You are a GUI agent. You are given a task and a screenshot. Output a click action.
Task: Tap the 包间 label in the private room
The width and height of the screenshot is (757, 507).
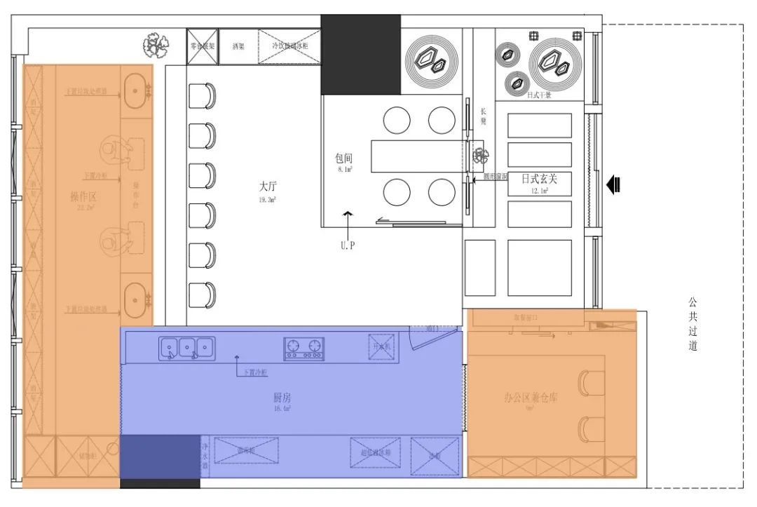coord(343,158)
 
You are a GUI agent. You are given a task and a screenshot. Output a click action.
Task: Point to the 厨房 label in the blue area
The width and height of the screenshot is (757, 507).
coord(282,397)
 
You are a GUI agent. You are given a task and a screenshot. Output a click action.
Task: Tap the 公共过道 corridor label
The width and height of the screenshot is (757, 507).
coord(693,324)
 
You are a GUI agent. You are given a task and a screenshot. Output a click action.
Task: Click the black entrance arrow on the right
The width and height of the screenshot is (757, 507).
coord(613,184)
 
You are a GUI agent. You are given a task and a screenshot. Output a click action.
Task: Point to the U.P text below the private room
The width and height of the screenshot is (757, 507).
coord(348,246)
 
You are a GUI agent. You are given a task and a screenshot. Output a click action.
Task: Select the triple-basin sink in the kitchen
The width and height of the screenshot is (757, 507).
coord(186,347)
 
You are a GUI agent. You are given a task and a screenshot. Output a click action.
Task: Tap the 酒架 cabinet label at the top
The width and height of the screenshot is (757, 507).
coord(238,46)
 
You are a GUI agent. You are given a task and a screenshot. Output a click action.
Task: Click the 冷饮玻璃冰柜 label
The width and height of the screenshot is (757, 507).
coord(289,46)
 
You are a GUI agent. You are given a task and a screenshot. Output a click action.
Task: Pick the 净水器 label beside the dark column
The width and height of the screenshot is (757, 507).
coord(205,455)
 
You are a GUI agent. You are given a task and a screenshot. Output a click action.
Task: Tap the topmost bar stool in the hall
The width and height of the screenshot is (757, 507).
coord(202,96)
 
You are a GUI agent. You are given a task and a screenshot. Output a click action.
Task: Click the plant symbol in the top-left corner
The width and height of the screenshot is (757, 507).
coord(156,46)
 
